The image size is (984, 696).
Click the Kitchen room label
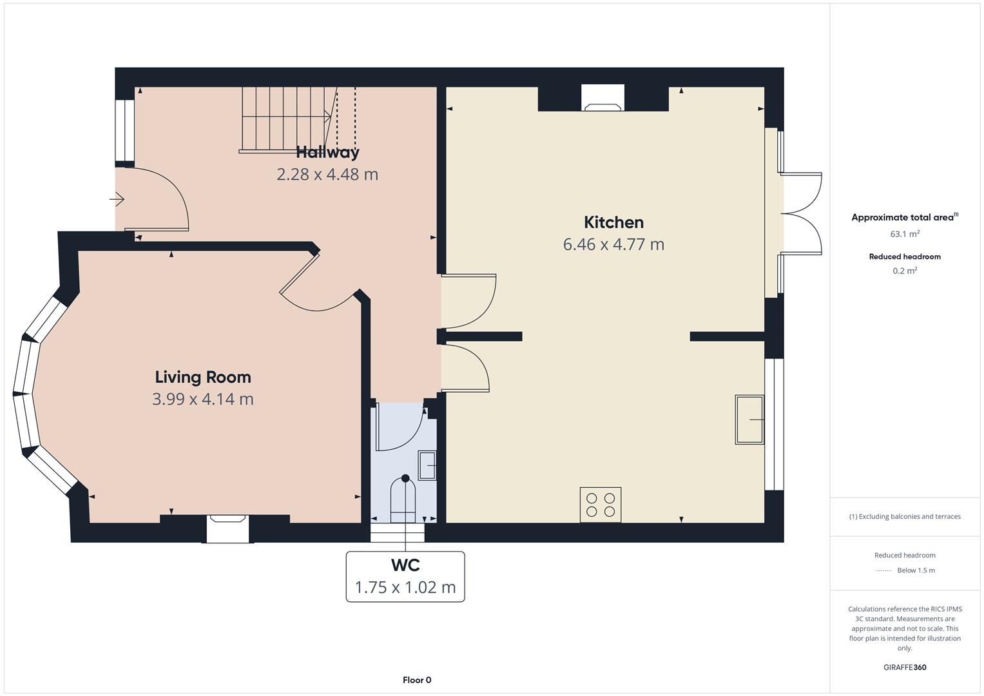(x=613, y=222)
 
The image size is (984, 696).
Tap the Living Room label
(x=203, y=377)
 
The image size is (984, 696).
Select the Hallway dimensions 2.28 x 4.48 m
(x=327, y=175)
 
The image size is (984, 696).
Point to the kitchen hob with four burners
(x=601, y=505)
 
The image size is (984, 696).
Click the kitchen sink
(x=750, y=420)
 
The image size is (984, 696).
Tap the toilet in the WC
(x=403, y=499)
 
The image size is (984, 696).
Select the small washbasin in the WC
(x=427, y=465)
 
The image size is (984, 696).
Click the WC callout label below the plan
(x=405, y=577)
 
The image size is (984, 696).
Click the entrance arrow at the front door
(x=117, y=200)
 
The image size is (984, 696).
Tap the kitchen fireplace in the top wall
(x=603, y=97)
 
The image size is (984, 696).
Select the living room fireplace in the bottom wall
(x=228, y=528)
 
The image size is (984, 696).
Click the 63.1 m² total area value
(x=905, y=234)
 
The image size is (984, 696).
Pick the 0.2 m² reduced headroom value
(x=905, y=271)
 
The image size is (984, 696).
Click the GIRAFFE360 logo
(x=905, y=667)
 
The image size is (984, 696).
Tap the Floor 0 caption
(x=417, y=680)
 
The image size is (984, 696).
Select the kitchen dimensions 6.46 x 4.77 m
(x=613, y=244)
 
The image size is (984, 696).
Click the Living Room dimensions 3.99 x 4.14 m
(x=203, y=399)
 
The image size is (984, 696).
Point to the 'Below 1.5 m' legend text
(x=916, y=570)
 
